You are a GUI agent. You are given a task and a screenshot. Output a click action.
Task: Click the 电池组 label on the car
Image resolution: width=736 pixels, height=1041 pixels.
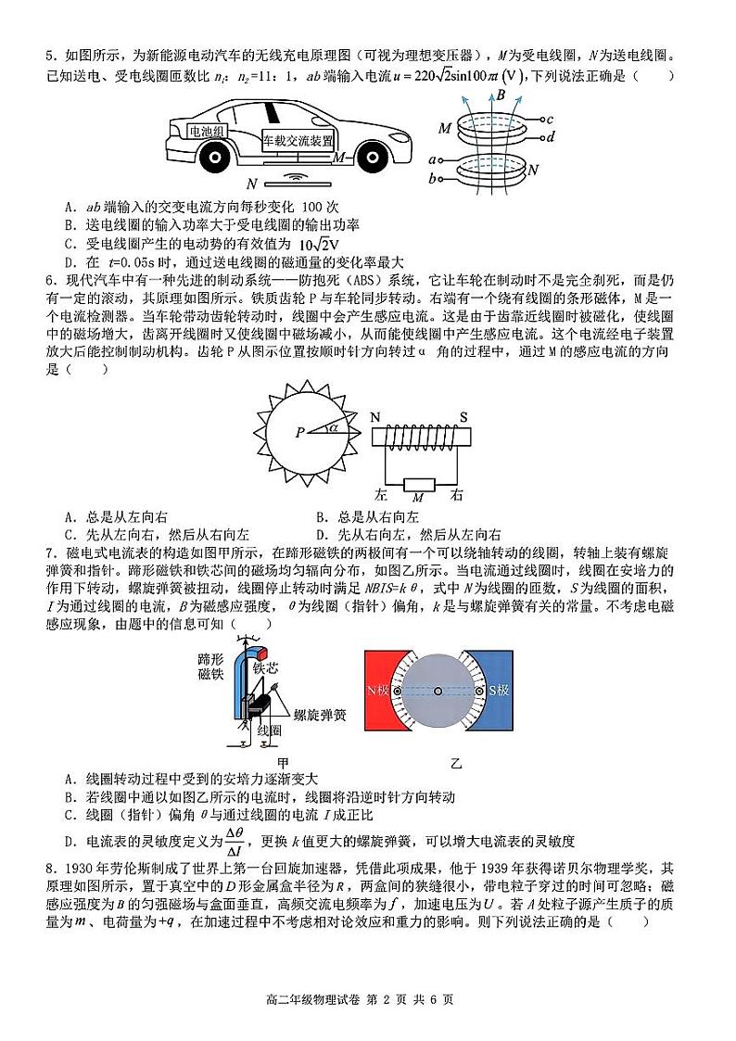pos(207,132)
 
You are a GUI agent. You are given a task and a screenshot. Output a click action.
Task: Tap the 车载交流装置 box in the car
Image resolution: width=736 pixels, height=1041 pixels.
pos(297,140)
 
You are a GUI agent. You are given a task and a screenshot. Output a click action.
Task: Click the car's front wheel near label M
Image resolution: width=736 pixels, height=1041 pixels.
pos(363,157)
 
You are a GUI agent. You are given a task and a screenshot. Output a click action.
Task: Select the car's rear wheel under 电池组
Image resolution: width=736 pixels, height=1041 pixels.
pos(214,157)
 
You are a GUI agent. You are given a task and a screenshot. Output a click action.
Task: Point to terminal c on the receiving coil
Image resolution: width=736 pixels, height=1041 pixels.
pos(550,120)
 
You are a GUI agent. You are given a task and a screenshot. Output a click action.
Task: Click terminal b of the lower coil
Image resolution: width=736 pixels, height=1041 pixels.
pos(432,178)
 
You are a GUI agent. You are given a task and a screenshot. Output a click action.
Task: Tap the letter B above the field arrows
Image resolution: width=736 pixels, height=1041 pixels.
pos(501,95)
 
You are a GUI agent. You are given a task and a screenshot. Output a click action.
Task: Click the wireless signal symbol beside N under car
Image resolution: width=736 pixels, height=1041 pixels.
pos(295,176)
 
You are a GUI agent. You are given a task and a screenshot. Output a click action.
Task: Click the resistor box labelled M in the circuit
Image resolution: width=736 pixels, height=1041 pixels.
pos(417,483)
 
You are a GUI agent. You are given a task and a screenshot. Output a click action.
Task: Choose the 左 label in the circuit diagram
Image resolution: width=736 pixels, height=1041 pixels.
pos(380,494)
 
